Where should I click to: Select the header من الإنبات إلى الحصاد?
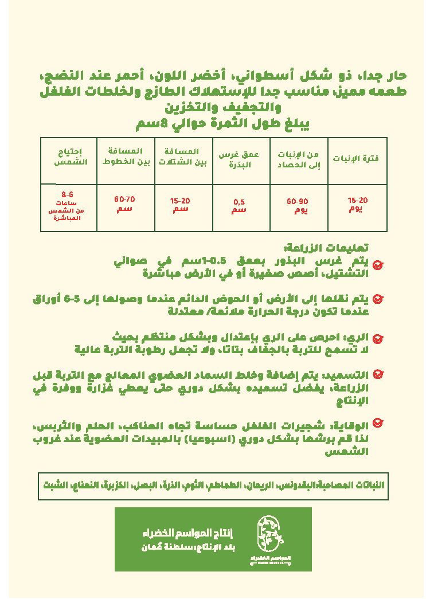298,160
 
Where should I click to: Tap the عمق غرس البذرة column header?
240,160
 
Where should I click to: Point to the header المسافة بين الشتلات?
183,156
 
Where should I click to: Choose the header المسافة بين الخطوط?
126,156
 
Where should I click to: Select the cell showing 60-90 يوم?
298,206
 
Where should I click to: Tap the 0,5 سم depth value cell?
239,206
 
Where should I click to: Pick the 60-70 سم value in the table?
124,203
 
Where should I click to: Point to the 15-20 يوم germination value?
357,204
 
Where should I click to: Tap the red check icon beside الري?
378,339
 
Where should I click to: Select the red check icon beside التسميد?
378,374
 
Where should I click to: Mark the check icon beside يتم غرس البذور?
378,265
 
